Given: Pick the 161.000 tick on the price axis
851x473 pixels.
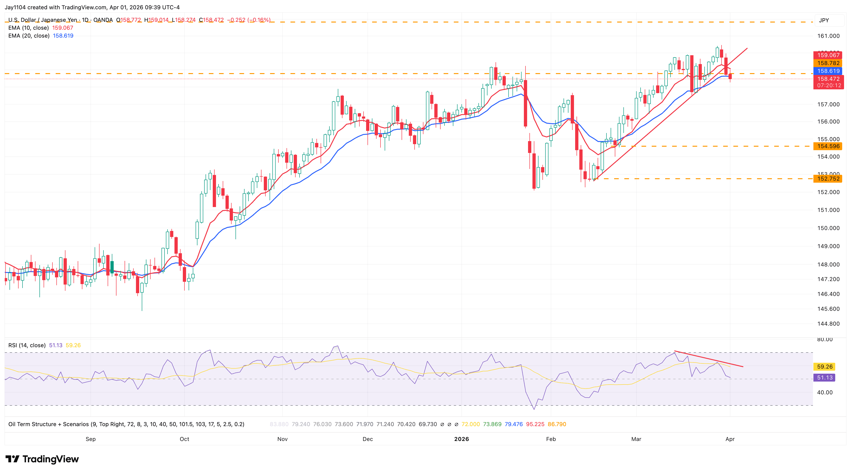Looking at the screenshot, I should [828, 36].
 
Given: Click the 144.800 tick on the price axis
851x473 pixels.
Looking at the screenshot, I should [828, 324].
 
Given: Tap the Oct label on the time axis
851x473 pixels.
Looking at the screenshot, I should [184, 439].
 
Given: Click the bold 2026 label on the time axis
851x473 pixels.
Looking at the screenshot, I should [461, 439].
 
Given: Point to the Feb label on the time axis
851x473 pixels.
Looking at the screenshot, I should [551, 439].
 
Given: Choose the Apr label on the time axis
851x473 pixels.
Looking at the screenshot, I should [730, 439].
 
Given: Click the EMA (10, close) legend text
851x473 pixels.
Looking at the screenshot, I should [28, 28].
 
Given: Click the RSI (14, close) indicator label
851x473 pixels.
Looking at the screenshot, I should [27, 345].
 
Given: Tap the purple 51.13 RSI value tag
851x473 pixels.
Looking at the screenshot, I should [825, 377].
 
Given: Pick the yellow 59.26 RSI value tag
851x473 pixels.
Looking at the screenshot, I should [825, 366].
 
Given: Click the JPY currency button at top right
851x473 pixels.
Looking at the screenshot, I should [824, 20].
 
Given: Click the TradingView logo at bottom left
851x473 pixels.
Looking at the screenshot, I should [42, 459].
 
